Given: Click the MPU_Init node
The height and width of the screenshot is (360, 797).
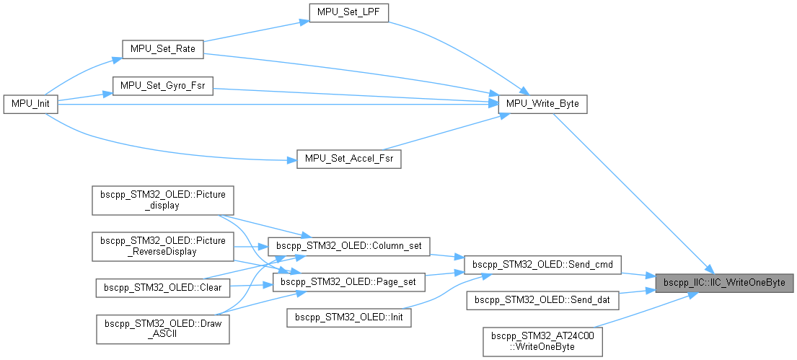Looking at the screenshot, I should click(x=30, y=104).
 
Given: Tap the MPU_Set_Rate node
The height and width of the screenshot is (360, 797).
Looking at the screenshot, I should click(x=162, y=49).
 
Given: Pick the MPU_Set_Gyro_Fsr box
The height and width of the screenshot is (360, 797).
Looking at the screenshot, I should click(x=162, y=86).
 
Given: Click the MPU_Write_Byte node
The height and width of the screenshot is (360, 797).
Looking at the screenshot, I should click(x=543, y=104).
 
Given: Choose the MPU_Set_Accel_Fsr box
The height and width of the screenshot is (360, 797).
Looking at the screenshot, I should click(x=348, y=159).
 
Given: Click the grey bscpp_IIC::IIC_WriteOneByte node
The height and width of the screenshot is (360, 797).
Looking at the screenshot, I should click(x=723, y=282).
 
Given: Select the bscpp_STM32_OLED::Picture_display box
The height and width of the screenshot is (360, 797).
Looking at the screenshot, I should click(x=162, y=200).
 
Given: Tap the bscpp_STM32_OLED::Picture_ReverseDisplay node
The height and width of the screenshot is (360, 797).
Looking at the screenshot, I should click(x=162, y=245).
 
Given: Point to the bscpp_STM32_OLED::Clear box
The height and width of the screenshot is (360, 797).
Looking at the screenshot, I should click(x=162, y=286).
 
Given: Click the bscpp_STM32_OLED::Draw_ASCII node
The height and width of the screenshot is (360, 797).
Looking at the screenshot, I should click(x=162, y=328).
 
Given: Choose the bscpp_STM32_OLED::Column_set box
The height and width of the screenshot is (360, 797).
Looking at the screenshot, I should click(x=348, y=246).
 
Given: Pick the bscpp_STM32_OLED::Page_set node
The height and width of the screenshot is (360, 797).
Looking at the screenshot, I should click(x=348, y=282).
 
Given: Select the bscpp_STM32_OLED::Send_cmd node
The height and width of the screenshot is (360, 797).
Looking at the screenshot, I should click(x=542, y=265).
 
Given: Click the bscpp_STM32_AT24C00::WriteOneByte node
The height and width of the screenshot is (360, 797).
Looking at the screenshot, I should click(x=542, y=341).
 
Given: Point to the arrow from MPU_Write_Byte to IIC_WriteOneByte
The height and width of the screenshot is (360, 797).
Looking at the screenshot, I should click(x=635, y=194).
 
